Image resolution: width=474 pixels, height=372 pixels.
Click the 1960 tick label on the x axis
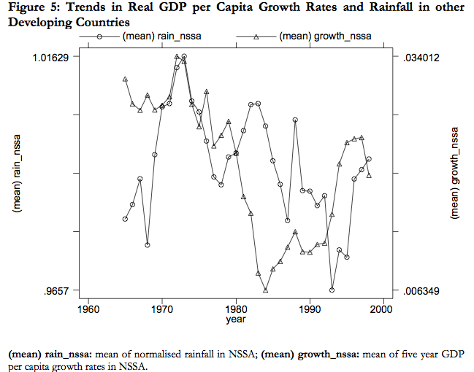(88, 309)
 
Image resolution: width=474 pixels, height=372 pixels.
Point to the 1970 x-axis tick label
(162, 309)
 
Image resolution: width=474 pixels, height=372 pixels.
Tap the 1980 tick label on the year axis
(236, 309)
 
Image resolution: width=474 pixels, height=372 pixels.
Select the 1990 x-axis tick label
(310, 309)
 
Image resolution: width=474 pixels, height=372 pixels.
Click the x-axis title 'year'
(236, 319)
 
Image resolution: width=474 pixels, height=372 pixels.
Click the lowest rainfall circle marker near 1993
(332, 290)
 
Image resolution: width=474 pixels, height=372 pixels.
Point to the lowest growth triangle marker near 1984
(265, 290)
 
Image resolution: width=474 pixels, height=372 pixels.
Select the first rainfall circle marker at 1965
(125, 219)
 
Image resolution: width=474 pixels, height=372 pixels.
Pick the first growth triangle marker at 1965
(125, 79)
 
